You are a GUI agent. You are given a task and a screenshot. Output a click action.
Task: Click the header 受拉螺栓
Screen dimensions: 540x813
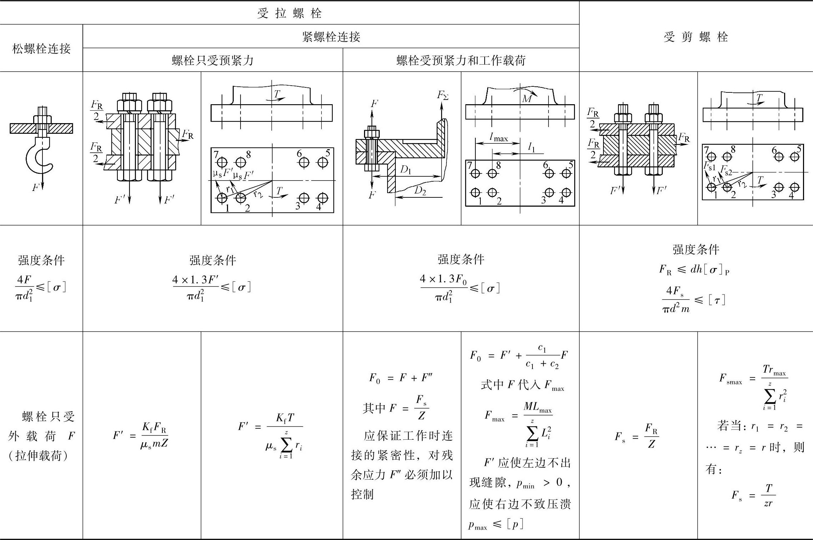pyautogui.click(x=289, y=13)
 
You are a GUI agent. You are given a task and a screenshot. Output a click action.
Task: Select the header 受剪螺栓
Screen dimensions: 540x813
pyautogui.click(x=696, y=37)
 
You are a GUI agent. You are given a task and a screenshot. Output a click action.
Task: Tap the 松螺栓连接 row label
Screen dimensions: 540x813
pyautogui.click(x=41, y=49)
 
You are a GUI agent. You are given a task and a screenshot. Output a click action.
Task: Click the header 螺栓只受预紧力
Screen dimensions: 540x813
pyautogui.click(x=213, y=60)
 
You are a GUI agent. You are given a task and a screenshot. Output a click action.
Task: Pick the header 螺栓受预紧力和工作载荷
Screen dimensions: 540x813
pyautogui.click(x=461, y=60)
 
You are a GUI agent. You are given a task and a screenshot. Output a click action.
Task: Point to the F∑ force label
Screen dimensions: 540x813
pyautogui.click(x=443, y=95)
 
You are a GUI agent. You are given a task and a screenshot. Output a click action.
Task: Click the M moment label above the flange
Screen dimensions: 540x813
pyautogui.click(x=527, y=98)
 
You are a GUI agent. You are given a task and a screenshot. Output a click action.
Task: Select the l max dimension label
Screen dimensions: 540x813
pyautogui.click(x=499, y=137)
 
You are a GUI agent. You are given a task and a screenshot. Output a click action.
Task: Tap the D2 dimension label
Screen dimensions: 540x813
pyautogui.click(x=420, y=191)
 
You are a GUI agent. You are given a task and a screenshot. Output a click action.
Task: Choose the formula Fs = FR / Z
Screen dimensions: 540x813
pyautogui.click(x=637, y=436)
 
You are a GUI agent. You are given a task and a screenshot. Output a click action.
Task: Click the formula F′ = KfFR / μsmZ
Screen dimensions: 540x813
pyautogui.click(x=141, y=435)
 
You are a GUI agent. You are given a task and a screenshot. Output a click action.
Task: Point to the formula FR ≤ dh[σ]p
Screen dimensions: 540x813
pyautogui.click(x=694, y=269)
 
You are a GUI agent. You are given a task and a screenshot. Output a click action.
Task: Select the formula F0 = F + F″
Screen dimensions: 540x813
pyautogui.click(x=400, y=378)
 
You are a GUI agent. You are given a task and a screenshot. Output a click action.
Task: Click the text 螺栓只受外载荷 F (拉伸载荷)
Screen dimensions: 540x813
pyautogui.click(x=41, y=436)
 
